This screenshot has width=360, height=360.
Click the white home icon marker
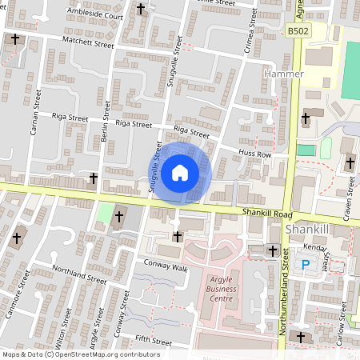pos(180,171)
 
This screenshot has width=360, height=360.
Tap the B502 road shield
pos(298,31)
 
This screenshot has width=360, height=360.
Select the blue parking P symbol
pos(304,265)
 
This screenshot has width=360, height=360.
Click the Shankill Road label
pos(266,214)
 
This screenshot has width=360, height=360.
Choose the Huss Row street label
pos(255,153)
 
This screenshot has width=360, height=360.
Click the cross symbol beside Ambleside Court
pos(142,10)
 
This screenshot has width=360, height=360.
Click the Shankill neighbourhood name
pos(308,230)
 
